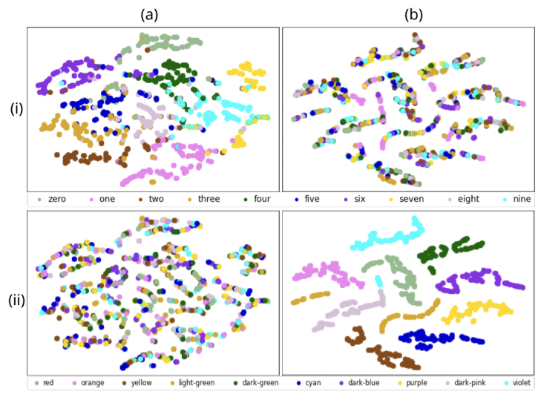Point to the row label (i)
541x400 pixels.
tap(16, 108)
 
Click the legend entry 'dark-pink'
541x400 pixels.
tap(470, 383)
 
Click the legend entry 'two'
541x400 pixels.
tap(156, 199)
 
